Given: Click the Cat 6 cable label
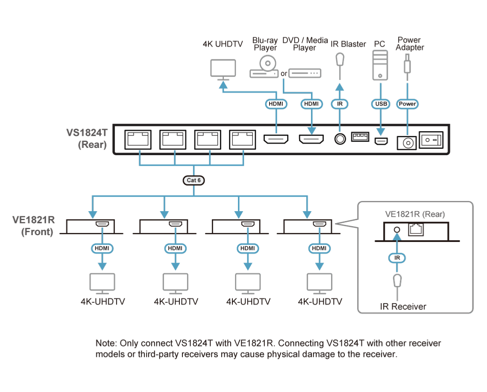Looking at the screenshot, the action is (194, 180).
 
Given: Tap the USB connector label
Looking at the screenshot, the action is (381, 104).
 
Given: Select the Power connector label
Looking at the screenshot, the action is (407, 104).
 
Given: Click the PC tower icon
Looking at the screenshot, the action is (380, 65).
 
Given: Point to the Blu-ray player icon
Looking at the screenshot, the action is (264, 67).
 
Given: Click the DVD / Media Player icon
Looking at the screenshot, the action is (305, 74).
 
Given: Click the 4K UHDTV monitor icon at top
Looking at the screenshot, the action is (223, 70).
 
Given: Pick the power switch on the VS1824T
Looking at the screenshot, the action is (431, 140).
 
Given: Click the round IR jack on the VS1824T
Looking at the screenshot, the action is (340, 139).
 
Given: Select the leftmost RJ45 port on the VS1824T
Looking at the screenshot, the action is (138, 140).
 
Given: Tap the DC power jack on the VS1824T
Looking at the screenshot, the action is (407, 143).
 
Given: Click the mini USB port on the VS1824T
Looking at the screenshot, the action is (381, 141).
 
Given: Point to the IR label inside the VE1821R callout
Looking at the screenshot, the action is (397, 258).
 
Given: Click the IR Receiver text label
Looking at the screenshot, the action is (403, 307).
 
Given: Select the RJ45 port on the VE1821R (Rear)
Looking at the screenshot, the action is (416, 230).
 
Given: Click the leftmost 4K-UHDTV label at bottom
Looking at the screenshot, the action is (103, 301).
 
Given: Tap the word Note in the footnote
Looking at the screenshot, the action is (106, 343).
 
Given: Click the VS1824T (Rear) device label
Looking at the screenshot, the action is (87, 139).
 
